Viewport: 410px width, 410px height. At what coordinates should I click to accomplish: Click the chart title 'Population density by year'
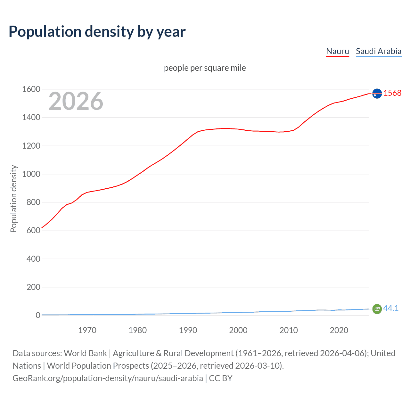[x=97, y=32]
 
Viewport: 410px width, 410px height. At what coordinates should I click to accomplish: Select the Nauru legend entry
[x=337, y=51]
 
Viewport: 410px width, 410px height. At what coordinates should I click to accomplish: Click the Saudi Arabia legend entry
[x=378, y=51]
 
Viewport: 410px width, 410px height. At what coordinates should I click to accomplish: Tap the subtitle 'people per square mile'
[x=205, y=68]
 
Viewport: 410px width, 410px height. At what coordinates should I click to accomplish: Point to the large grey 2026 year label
[x=76, y=101]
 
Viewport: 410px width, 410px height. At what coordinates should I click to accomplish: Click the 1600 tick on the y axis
[x=31, y=89]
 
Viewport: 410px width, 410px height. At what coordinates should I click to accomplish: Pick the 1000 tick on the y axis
[x=31, y=174]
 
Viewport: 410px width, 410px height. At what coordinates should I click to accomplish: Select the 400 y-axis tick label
[x=33, y=259]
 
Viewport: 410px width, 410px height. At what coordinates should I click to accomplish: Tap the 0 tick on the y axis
[x=38, y=315]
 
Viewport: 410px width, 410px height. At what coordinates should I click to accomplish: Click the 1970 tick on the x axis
[x=87, y=330]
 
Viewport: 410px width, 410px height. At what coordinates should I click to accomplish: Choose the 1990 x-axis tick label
[x=188, y=330]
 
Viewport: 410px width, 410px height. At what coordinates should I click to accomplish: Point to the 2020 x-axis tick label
[x=339, y=330]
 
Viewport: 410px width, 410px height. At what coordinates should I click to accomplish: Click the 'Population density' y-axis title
[x=13, y=199]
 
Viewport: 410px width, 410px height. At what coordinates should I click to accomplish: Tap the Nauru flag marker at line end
[x=377, y=93]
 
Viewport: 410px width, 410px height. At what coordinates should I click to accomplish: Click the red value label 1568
[x=392, y=93]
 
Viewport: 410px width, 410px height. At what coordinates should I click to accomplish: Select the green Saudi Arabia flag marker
[x=377, y=309]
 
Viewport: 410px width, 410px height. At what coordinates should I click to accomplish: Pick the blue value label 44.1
[x=391, y=308]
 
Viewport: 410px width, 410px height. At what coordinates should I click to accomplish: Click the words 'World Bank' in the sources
[x=85, y=353]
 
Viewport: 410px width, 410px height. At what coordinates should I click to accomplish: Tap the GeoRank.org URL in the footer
[x=108, y=378]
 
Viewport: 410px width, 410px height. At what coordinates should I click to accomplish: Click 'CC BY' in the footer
[x=221, y=378]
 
